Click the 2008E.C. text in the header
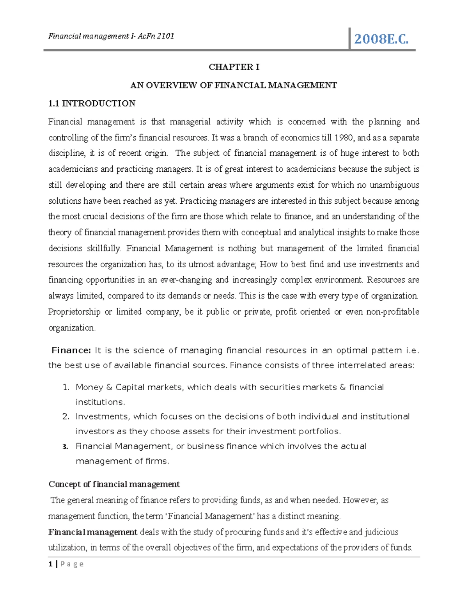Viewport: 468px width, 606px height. tap(381, 39)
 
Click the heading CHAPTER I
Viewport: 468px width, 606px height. tap(234, 67)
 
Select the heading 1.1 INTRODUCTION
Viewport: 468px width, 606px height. tap(92, 103)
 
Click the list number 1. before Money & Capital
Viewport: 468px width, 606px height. tap(66, 387)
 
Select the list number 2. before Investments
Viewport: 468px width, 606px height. tap(66, 417)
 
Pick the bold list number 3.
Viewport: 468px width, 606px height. tap(66, 447)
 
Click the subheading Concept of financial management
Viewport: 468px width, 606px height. tap(114, 484)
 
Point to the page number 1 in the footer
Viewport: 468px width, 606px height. tap(50, 564)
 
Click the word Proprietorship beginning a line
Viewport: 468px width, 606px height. tap(74, 312)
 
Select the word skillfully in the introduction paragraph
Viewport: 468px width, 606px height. tap(103, 249)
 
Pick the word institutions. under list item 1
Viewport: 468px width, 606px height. tap(100, 402)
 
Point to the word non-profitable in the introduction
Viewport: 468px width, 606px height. tap(394, 312)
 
